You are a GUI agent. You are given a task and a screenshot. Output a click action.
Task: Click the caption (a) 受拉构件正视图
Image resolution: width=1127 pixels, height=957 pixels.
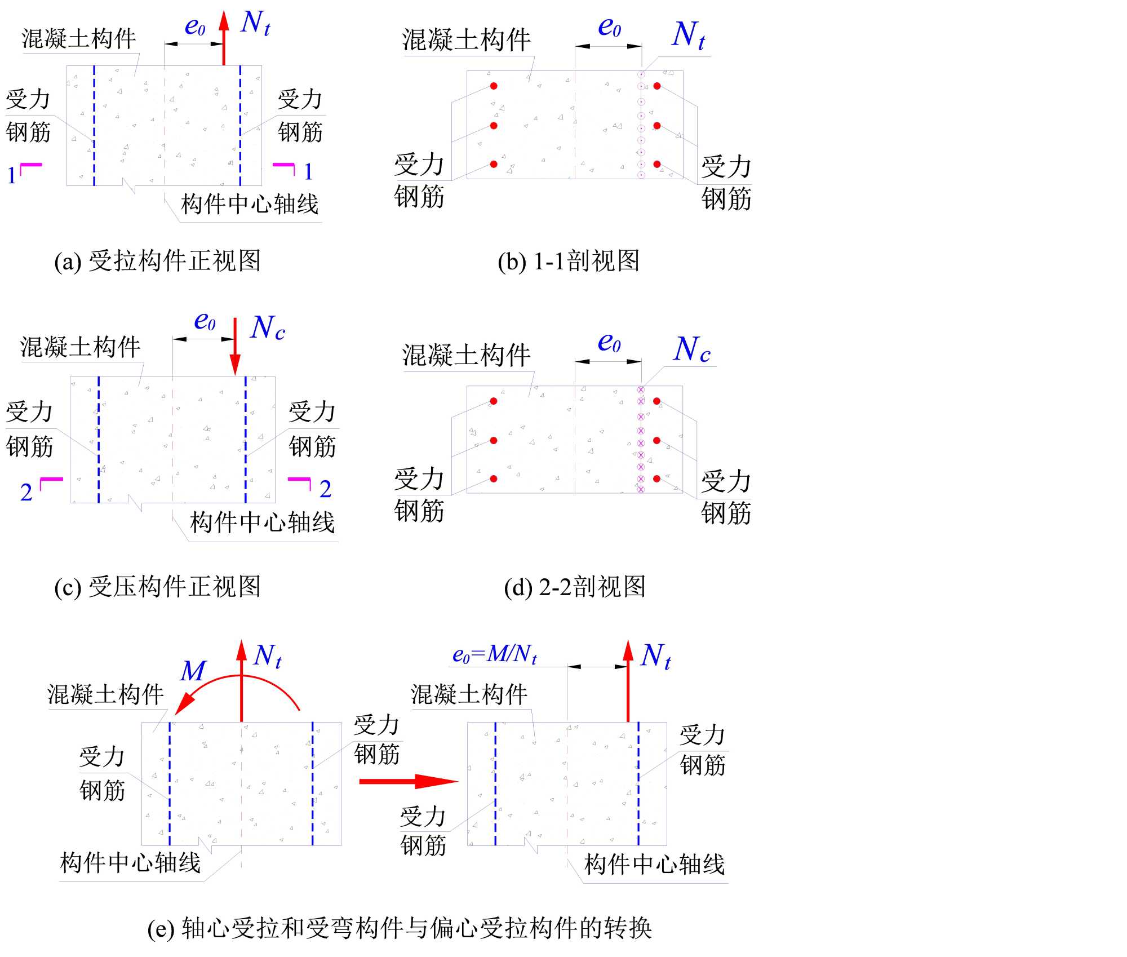157,261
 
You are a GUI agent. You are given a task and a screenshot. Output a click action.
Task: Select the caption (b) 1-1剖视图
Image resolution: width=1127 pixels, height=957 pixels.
569,261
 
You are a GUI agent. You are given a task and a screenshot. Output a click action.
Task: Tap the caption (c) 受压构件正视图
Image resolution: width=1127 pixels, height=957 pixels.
157,587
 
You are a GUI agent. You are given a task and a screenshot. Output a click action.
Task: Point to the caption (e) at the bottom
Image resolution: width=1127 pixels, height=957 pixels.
400,928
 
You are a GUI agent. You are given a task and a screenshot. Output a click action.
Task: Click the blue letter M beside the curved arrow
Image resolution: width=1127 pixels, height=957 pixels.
193,671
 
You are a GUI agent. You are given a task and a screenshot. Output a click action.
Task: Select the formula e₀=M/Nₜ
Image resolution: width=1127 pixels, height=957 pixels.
494,654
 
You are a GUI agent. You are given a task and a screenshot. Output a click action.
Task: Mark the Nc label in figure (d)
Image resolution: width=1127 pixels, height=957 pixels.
692,350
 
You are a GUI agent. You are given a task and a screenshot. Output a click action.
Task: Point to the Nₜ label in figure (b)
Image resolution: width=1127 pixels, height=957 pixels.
688,35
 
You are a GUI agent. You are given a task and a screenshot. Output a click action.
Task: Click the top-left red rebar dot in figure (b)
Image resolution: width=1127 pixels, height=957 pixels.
494,86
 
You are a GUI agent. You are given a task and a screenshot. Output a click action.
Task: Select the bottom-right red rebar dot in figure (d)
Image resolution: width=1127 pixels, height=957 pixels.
656,478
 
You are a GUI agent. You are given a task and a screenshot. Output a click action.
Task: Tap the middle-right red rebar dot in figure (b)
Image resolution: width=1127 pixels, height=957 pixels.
657,126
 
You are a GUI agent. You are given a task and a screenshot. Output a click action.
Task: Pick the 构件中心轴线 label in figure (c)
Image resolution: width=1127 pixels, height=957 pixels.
262,522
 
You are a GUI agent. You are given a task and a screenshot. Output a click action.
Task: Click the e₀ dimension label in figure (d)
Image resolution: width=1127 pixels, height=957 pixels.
609,343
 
